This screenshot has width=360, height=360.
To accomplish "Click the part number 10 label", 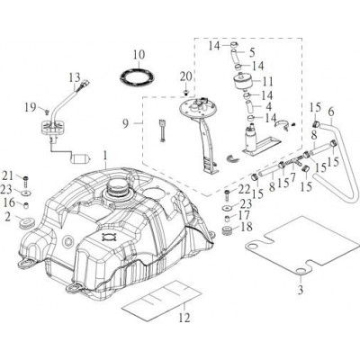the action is tap(139, 55).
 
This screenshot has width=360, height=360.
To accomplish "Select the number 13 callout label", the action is tap(75, 78).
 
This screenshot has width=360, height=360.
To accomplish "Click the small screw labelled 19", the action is tap(47, 112).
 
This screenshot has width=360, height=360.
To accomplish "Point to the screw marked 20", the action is tap(186, 91).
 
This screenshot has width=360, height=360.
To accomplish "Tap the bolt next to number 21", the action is tap(25, 181).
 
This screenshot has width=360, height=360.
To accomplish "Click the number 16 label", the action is tap(9, 202).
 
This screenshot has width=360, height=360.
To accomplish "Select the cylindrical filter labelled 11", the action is tap(243, 80).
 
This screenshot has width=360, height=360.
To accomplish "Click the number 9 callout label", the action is tap(126, 123).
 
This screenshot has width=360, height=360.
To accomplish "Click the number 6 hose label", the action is tap(331, 112).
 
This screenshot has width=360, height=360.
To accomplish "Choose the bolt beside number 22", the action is tap(228, 195).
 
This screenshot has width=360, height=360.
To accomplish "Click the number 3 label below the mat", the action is tap(301, 290).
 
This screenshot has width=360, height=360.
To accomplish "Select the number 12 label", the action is tap(184, 317).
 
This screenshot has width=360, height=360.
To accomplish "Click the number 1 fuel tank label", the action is tap(105, 156).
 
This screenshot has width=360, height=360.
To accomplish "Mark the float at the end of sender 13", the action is tap(79, 158).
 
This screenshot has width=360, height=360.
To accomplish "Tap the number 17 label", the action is tap(245, 215).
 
